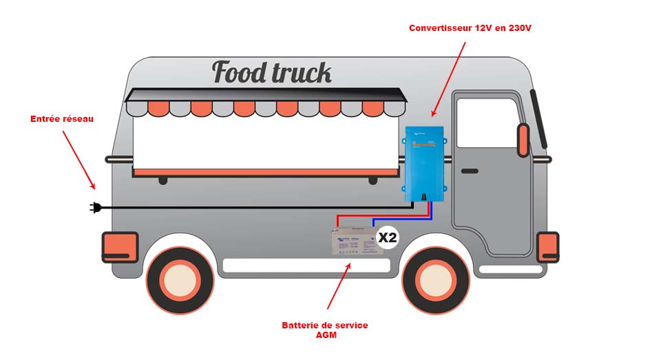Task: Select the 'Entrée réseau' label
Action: pyautogui.click(x=62, y=119)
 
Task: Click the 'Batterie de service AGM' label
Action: pyautogui.click(x=325, y=330)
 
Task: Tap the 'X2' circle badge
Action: pyautogui.click(x=388, y=238)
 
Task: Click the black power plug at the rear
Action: pyautogui.click(x=96, y=207)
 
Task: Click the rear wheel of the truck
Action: pyautogui.click(x=178, y=279)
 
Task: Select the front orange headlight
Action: pyautogui.click(x=547, y=247)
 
